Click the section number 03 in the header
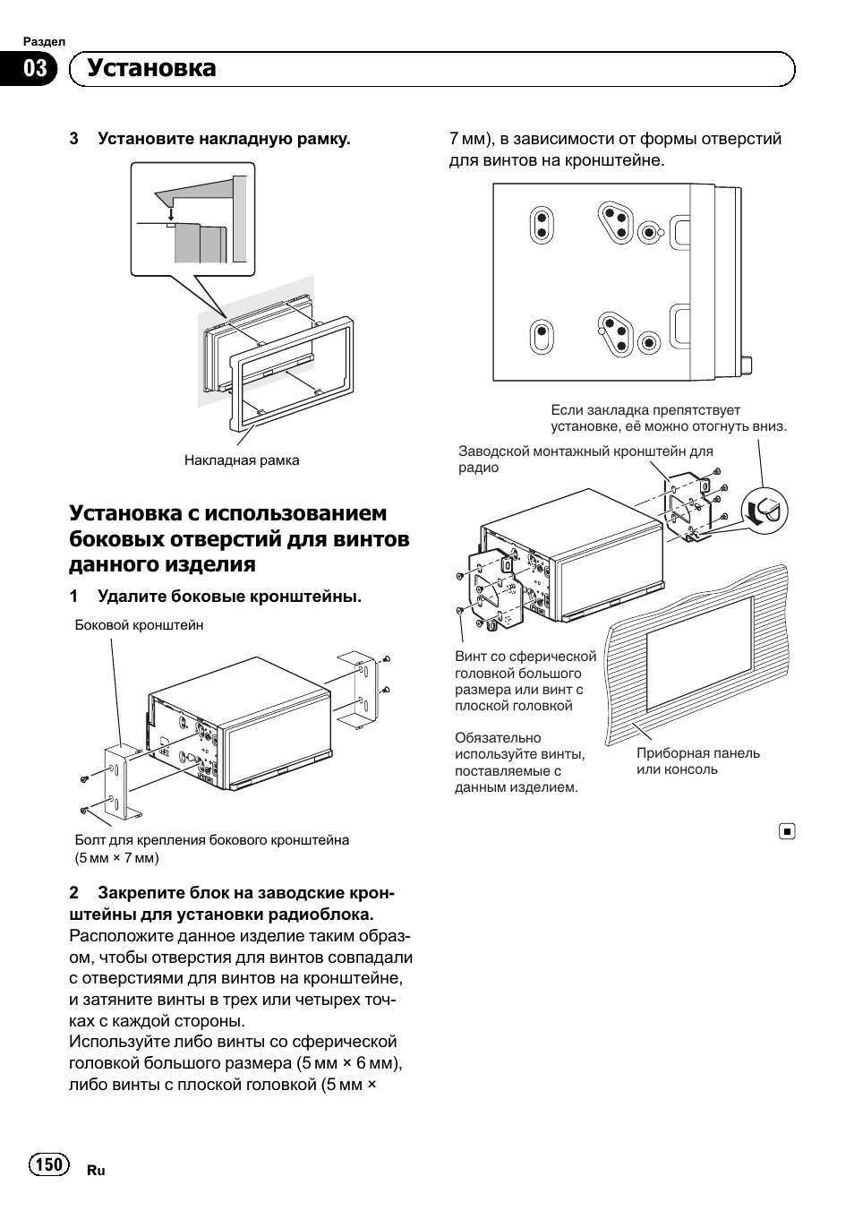34,70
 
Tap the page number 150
49,1164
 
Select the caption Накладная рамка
242,460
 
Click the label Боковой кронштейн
139,625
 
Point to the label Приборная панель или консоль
697,761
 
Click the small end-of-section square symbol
786,831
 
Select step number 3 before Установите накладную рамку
74,139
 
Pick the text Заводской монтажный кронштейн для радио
585,459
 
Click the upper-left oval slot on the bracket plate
541,224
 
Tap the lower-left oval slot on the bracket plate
541,339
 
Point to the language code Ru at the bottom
96,1171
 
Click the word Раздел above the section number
44,42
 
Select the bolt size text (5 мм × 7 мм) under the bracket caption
117,858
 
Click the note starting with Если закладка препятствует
669,418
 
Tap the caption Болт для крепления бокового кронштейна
211,840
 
